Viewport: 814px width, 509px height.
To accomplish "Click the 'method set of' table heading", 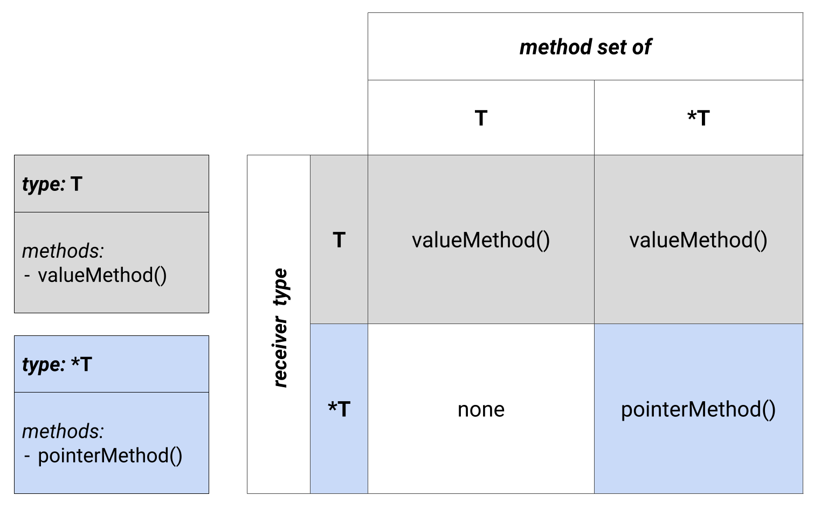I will coord(585,47).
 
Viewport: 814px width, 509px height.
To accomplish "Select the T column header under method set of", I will coord(481,118).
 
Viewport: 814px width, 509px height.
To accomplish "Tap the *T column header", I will coord(699,118).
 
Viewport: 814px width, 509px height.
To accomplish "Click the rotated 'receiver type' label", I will coord(280,327).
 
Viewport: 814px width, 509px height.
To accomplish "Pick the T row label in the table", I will coord(339,240).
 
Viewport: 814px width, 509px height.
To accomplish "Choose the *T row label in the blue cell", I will coord(339,409).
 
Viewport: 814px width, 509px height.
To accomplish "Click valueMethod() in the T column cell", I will coord(481,240).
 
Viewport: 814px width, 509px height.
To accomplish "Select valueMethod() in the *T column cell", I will coord(699,240).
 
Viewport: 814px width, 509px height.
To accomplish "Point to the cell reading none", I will coord(481,410).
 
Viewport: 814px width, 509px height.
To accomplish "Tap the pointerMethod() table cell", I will coord(699,409).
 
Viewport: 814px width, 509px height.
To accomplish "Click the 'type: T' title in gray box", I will coord(52,184).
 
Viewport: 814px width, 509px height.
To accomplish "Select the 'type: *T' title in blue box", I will coord(57,364).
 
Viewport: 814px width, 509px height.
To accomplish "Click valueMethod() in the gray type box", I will coord(102,276).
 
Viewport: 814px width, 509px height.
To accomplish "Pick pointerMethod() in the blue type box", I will coord(110,456).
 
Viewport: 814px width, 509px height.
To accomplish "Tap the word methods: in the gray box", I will coord(63,251).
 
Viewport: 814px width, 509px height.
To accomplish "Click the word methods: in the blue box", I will coord(63,431).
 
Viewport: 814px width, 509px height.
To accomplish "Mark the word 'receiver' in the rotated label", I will coord(280,352).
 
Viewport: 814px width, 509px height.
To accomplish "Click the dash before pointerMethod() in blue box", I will coord(27,457).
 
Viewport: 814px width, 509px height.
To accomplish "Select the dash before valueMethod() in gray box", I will coord(27,276).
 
